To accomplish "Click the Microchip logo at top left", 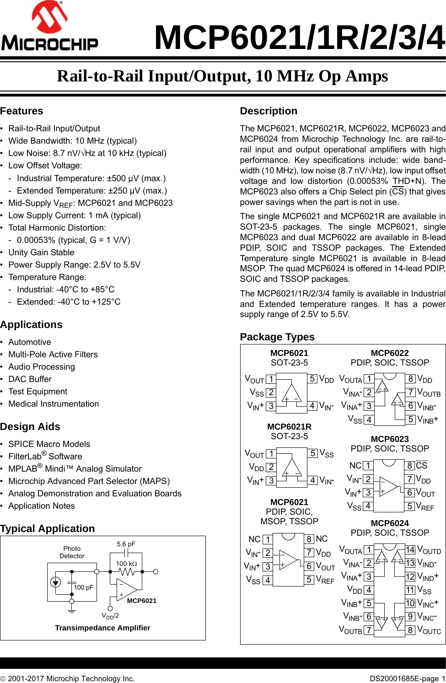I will [x=49, y=27].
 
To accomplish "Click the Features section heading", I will [x=21, y=111].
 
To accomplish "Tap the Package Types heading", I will [x=277, y=337].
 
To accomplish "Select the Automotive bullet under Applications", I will [x=30, y=342].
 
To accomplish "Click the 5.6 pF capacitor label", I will [x=126, y=544].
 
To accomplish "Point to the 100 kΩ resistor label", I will [x=126, y=564].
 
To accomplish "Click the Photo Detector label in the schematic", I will [x=72, y=552].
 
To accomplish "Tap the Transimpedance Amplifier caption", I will [x=102, y=628].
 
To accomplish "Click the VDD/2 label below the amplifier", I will [x=110, y=616].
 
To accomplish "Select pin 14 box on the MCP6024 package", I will [x=410, y=550].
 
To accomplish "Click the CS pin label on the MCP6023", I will [x=422, y=466].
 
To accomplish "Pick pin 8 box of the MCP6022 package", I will [x=411, y=379].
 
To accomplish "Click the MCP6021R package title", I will [x=289, y=427].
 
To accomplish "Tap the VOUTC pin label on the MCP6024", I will [x=429, y=630].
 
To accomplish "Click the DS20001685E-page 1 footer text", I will [x=407, y=678].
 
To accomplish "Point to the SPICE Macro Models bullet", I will [x=49, y=444].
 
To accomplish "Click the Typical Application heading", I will [x=48, y=529].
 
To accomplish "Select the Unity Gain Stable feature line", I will [x=41, y=253].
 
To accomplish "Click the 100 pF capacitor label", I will [x=83, y=587].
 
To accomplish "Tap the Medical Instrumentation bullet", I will [x=54, y=404].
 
